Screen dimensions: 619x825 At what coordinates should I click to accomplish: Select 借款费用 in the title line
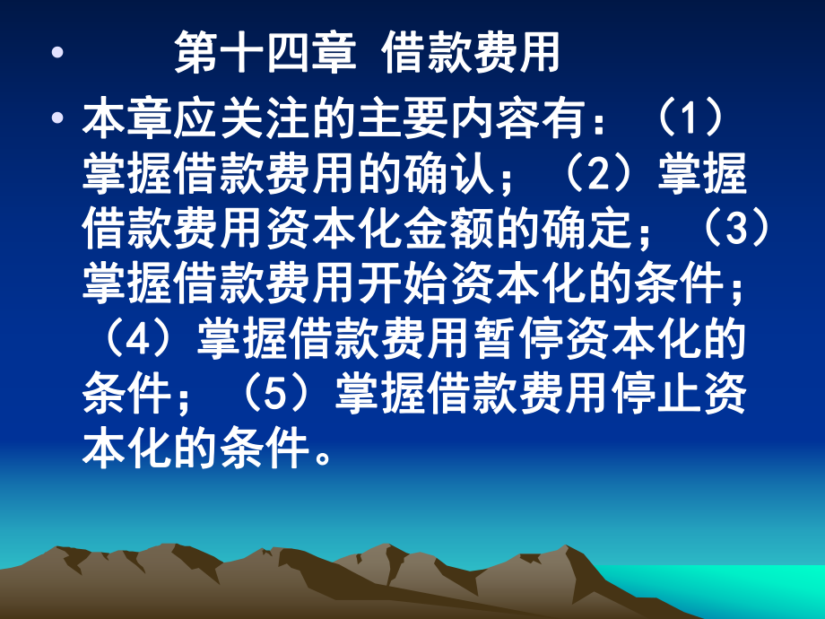470,55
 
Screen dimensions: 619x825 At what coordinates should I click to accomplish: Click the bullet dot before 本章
58,119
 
